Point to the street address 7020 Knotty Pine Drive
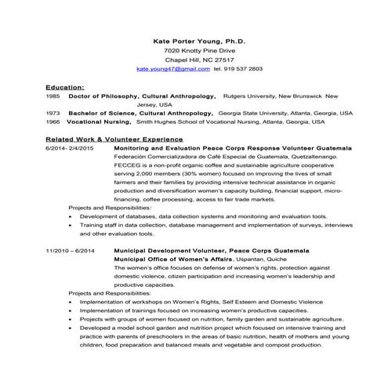point(194,49)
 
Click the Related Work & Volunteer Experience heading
point(103,139)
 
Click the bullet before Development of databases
point(71,216)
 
